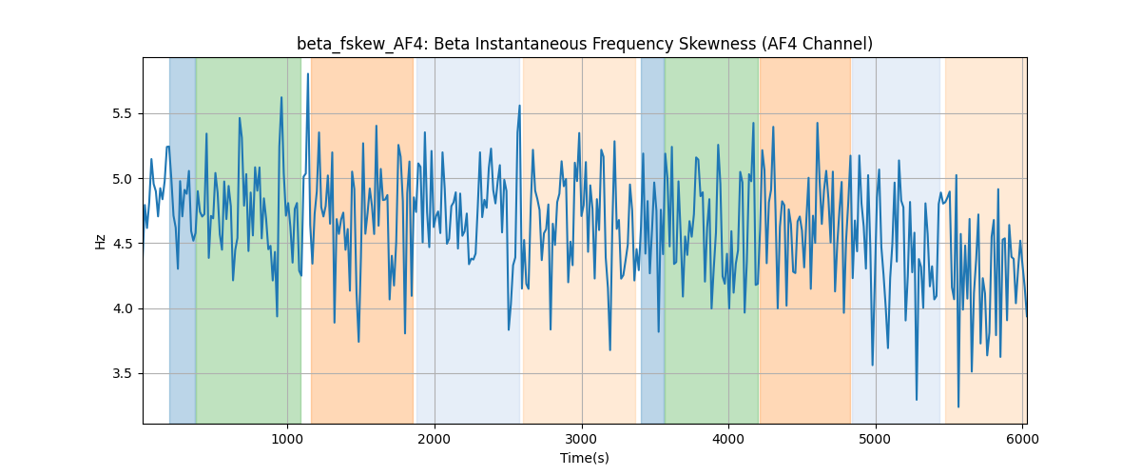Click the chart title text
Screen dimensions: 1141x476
point(584,45)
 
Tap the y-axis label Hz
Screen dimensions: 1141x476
point(101,242)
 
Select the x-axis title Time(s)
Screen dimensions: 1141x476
point(584,458)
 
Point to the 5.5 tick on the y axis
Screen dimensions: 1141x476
point(123,114)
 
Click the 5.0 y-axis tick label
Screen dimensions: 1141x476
point(123,179)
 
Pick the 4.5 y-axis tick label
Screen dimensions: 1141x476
point(123,244)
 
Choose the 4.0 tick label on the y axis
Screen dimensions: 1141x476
point(123,308)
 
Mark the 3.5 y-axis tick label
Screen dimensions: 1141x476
point(123,374)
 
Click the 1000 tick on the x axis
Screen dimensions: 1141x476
point(287,439)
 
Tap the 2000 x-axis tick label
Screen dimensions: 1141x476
point(435,439)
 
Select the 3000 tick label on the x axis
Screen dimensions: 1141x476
point(582,439)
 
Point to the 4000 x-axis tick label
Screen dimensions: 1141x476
point(728,439)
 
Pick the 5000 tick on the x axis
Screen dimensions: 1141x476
point(876,439)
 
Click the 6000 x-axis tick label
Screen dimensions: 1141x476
point(1022,439)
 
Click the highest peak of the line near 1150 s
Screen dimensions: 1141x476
point(308,74)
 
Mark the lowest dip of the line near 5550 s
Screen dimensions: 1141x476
point(958,407)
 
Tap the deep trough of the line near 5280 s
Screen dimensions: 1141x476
point(917,400)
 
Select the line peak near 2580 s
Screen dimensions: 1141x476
point(519,106)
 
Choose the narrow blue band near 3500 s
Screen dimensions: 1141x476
point(652,240)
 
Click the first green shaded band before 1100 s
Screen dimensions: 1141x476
point(248,240)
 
